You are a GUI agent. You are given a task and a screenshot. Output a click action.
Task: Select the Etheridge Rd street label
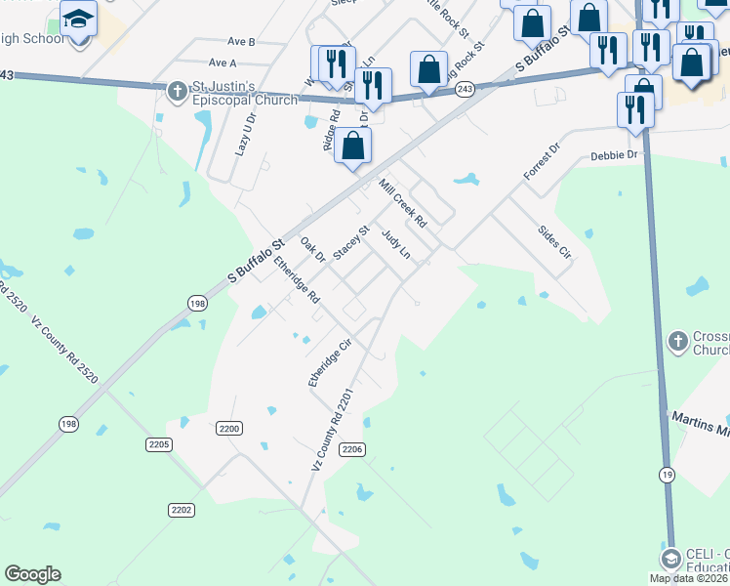[297, 279]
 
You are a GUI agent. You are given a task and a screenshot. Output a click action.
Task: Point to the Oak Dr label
[312, 250]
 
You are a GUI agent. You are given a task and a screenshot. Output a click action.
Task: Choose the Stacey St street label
[351, 242]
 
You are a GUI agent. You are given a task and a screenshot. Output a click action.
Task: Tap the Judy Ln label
[395, 245]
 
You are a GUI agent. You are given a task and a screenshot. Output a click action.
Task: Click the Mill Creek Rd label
[403, 203]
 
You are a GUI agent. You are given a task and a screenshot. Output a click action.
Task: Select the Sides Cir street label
[554, 242]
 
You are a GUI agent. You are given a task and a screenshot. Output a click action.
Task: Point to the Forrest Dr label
[542, 161]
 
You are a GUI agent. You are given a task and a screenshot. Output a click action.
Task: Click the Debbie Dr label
[614, 155]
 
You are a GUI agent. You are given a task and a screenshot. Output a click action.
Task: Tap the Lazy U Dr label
[244, 135]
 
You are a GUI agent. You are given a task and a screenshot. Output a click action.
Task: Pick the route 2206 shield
[353, 449]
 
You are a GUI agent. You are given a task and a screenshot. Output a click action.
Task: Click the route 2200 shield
[229, 428]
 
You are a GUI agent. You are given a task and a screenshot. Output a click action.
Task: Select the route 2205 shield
[159, 444]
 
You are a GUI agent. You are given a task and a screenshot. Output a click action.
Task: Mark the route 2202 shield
[182, 510]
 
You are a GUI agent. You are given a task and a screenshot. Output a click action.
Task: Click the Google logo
[32, 574]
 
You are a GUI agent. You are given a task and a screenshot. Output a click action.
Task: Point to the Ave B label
[241, 42]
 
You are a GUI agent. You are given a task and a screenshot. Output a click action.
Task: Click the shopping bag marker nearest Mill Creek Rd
[353, 148]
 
